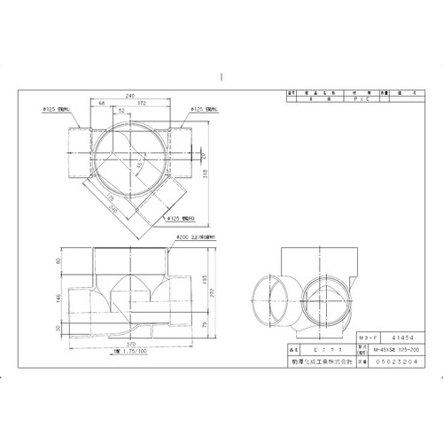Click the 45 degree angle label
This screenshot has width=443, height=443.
tap(140, 166)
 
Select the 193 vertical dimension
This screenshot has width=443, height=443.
tap(206, 281)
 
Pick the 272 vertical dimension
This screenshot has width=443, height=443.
tap(216, 291)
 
